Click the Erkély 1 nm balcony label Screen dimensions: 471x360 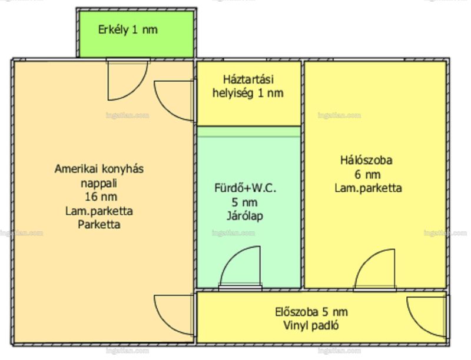128,30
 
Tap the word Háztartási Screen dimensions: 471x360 248,79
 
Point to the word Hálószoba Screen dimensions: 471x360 366,160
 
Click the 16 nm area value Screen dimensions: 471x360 101,197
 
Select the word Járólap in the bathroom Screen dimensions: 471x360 244,216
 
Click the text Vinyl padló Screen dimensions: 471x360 311,325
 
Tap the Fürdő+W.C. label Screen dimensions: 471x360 245,188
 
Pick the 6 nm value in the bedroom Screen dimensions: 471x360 367,174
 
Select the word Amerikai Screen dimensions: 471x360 77,169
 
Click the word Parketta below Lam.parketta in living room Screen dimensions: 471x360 99,224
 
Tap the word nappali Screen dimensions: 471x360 99,184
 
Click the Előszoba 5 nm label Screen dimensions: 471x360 311,312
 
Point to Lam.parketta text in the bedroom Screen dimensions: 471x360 369,188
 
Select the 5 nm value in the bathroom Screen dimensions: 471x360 244,202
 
